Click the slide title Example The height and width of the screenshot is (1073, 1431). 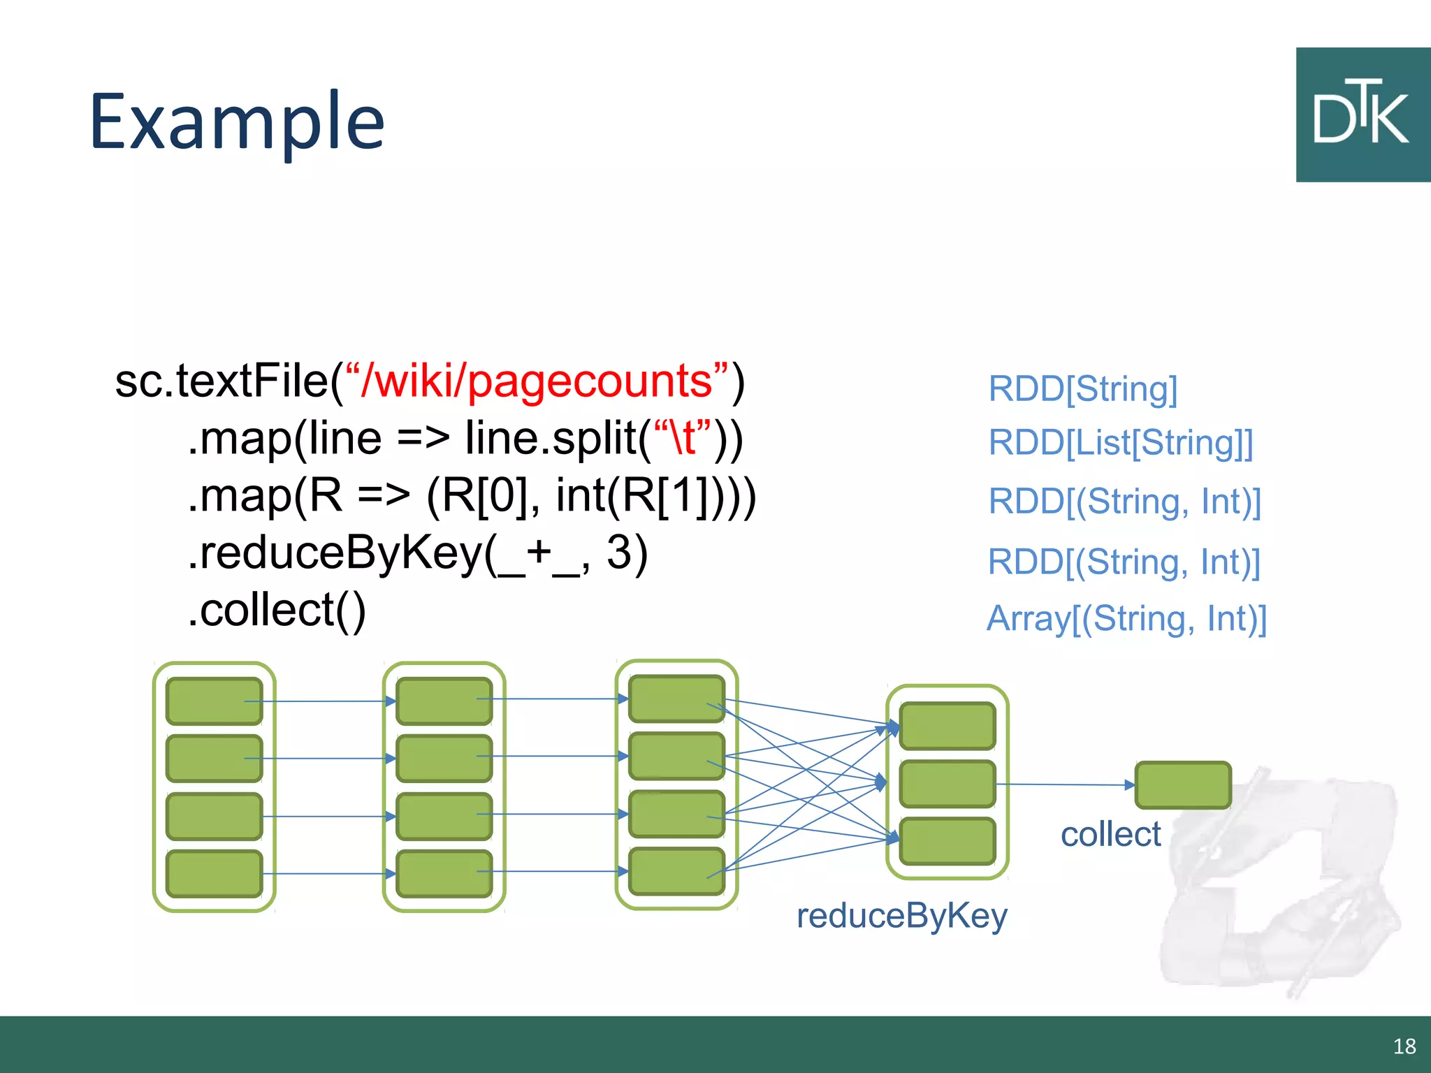coord(237,122)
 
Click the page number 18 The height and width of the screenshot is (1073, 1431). coord(1404,1046)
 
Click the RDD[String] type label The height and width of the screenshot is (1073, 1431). coord(1082,388)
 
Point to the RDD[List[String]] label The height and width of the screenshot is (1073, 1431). coord(1120,443)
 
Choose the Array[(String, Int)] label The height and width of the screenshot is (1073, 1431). coord(1126,619)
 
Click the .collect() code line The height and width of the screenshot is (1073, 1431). coord(277,610)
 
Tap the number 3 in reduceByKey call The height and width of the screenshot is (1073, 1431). coord(619,552)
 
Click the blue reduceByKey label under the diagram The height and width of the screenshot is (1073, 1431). coord(901,915)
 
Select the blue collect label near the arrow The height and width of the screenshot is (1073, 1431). coord(1110,834)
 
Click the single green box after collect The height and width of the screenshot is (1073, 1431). coord(1182,785)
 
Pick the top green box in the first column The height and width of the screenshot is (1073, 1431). coord(214,701)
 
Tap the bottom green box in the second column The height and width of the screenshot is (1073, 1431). coord(444,873)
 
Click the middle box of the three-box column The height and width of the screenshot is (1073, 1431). coord(947,784)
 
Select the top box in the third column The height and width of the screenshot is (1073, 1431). coord(676,698)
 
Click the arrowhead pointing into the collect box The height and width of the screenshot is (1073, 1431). coord(1129,785)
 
